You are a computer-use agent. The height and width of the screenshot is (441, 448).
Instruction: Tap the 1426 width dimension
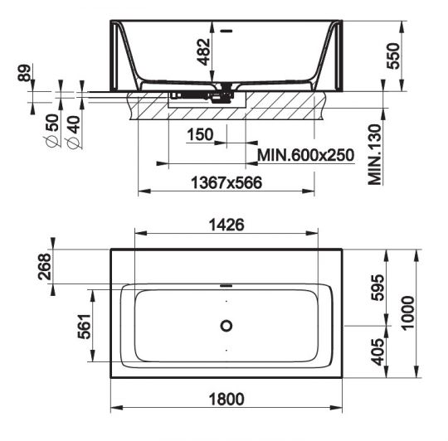(x=225, y=223)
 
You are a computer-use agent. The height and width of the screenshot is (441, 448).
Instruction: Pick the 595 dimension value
(x=377, y=288)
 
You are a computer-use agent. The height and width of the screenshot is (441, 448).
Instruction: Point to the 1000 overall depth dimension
(x=407, y=313)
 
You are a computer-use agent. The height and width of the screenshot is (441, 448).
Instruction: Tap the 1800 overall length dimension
(x=226, y=400)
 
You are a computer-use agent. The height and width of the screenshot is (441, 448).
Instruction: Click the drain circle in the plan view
(x=226, y=325)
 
